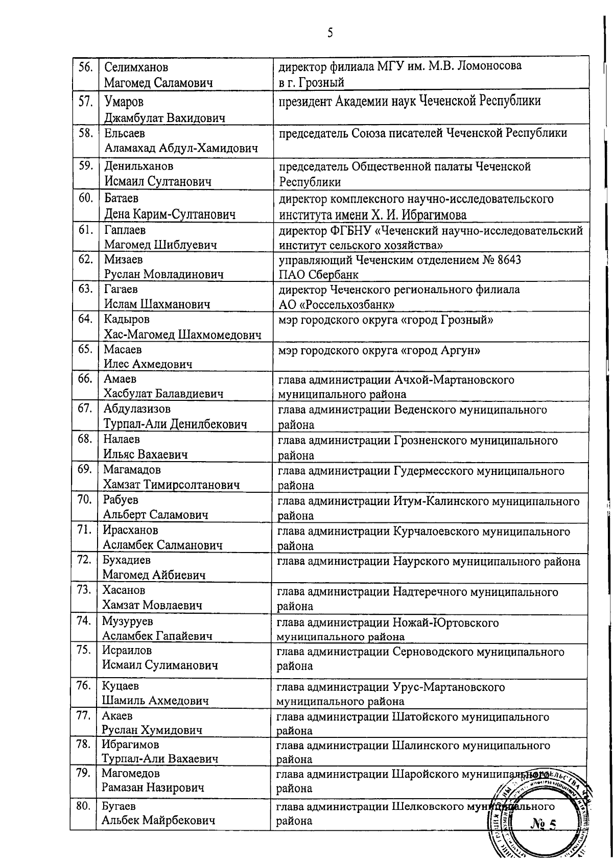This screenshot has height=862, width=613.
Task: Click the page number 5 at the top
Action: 330,33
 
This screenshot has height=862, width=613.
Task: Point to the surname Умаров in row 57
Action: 124,102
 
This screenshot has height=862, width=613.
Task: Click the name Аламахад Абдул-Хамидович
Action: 181,149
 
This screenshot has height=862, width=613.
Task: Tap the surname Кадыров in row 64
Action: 127,320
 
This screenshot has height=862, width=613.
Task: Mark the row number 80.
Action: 83,806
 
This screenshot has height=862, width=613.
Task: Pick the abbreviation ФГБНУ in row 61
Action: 348,231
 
